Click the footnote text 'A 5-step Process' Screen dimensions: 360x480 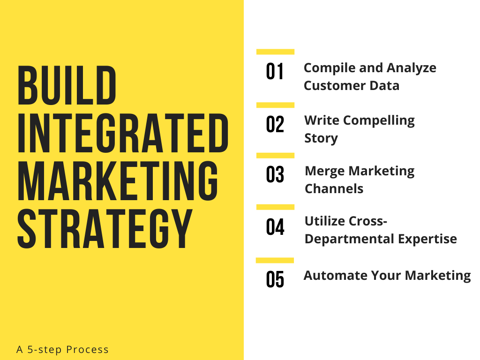click(x=62, y=350)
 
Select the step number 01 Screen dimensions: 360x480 click(x=275, y=72)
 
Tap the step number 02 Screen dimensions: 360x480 click(x=275, y=125)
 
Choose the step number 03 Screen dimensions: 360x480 click(x=275, y=175)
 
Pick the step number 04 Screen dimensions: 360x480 click(x=275, y=227)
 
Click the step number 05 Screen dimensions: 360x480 click(x=275, y=280)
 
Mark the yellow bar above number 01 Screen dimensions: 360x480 click(x=275, y=52)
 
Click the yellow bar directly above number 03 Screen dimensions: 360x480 click(x=275, y=155)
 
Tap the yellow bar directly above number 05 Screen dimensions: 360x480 click(x=275, y=260)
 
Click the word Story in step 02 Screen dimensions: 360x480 click(x=321, y=138)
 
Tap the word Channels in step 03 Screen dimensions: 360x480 click(x=334, y=188)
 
